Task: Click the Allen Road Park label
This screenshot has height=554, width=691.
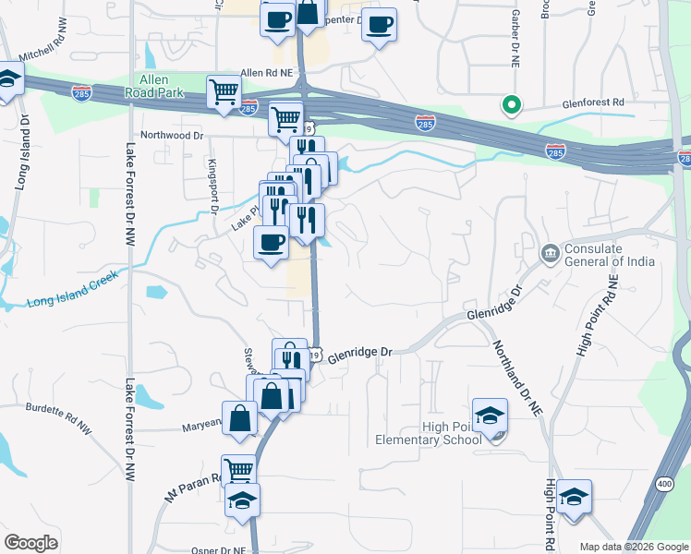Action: click(156, 86)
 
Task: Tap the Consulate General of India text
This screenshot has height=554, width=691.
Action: click(609, 254)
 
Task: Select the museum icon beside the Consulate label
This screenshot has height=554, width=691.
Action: click(551, 252)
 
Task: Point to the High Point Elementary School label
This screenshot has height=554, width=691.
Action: click(429, 432)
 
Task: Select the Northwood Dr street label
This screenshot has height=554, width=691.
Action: click(173, 135)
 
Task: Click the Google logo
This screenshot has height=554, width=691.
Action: click(30, 543)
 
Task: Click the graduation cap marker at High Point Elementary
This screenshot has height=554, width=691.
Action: click(490, 415)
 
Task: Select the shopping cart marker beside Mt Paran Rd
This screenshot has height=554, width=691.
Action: click(239, 469)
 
